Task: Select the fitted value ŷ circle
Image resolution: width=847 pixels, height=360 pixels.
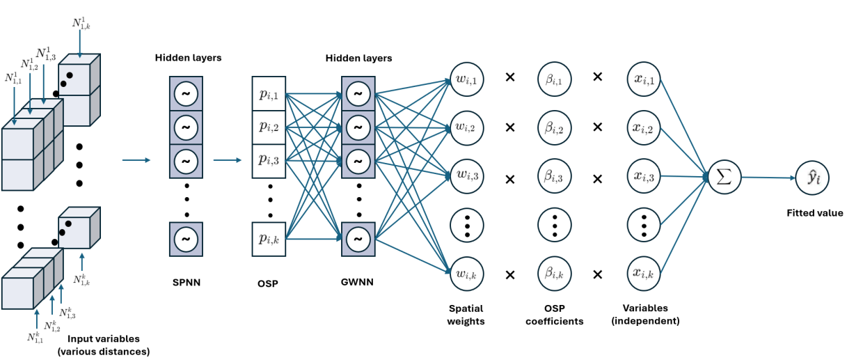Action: click(x=814, y=178)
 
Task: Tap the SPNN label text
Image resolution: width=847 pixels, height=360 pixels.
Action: click(x=186, y=283)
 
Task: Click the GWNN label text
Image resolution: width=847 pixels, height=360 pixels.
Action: click(x=357, y=283)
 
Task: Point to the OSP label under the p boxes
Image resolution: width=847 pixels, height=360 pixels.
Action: click(x=267, y=283)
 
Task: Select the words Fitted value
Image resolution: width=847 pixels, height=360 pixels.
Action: click(x=814, y=214)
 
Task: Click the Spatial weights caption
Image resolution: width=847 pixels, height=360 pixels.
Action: click(x=466, y=315)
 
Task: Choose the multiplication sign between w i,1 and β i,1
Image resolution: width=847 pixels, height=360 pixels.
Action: click(x=509, y=77)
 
